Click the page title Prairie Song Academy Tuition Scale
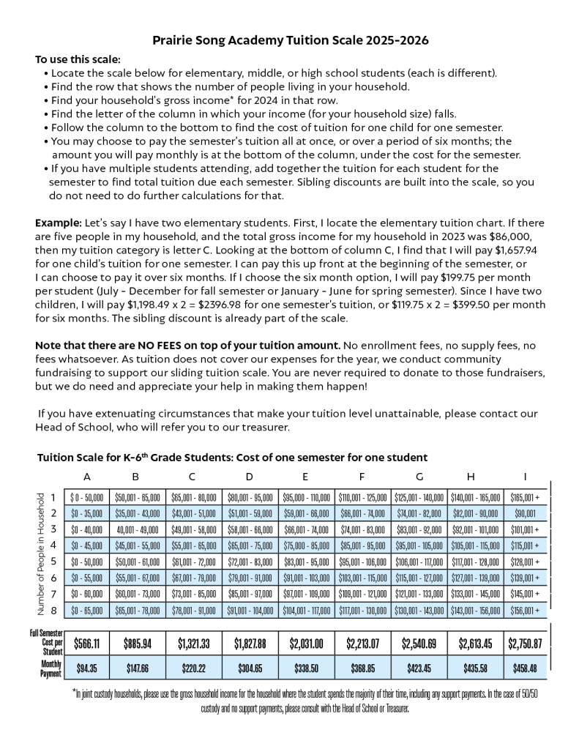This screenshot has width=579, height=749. point(290,40)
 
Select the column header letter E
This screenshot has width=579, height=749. point(305,477)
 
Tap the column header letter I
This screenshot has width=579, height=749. point(525,477)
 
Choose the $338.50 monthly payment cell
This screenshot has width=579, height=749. point(305,668)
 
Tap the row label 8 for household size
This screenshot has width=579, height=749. point(54,609)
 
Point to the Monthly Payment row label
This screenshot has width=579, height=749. point(51,668)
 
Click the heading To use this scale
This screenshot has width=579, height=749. point(78,59)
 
